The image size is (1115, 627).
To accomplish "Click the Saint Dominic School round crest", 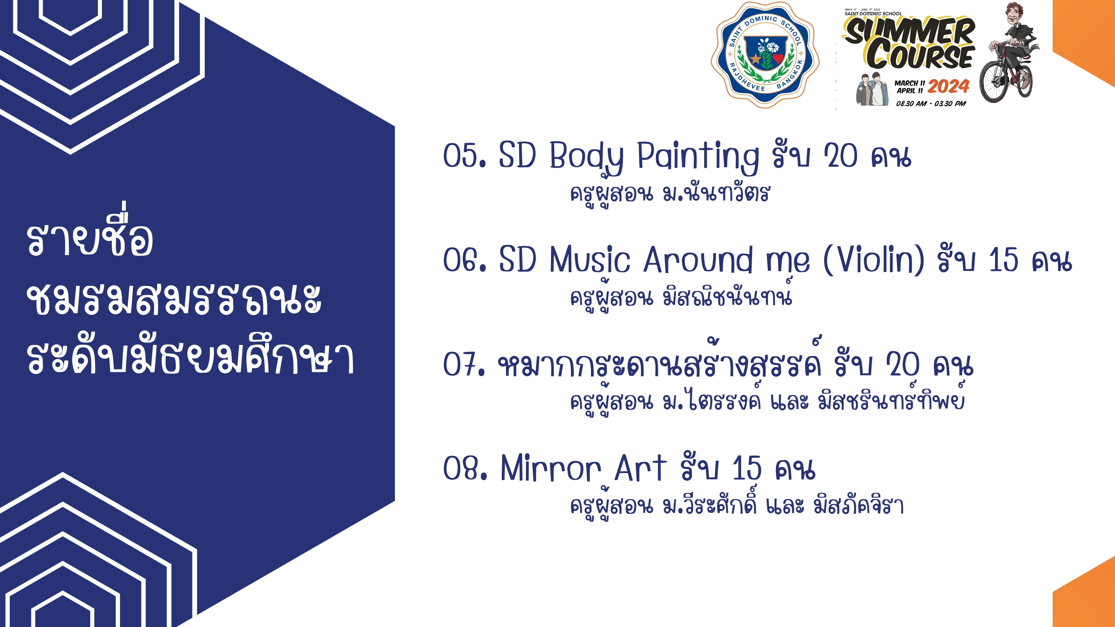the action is pyautogui.click(x=765, y=54).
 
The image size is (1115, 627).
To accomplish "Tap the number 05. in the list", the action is pyautogui.click(x=465, y=155).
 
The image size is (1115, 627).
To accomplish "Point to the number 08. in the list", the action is pyautogui.click(x=465, y=468).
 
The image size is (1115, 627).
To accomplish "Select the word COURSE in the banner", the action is pyautogui.click(x=920, y=55).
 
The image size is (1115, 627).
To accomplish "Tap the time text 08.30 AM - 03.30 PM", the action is pyautogui.click(x=931, y=104).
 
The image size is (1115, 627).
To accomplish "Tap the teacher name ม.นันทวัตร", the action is pyautogui.click(x=717, y=194).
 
